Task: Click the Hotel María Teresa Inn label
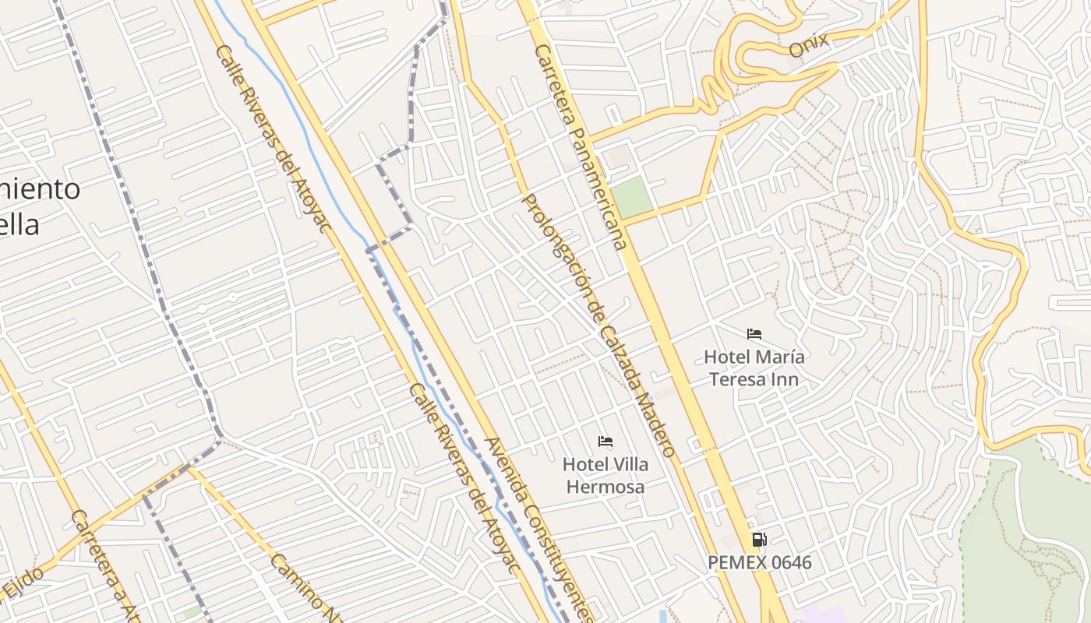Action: (754, 368)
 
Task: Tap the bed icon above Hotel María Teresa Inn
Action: (754, 334)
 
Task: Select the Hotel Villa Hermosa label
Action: (605, 475)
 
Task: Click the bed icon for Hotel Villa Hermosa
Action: (605, 442)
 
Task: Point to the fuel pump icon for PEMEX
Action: (759, 539)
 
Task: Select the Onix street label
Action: (808, 46)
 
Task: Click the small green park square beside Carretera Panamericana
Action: (632, 197)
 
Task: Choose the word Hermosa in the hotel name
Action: (605, 487)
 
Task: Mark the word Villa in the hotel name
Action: (627, 464)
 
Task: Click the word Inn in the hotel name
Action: (785, 379)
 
